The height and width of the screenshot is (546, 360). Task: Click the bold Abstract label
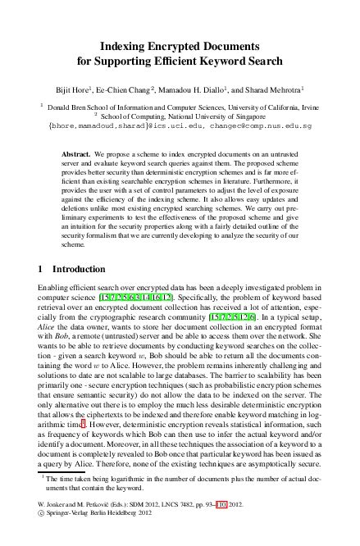click(77, 153)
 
